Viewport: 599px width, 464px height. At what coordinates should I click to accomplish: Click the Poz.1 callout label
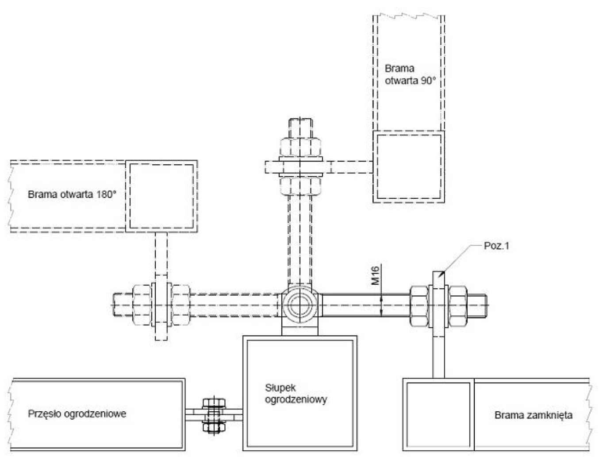point(496,246)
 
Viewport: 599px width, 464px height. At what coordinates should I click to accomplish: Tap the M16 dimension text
point(375,275)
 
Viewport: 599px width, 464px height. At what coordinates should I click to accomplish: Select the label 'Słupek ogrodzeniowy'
point(296,394)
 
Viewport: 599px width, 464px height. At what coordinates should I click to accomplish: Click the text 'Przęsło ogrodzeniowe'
point(77,414)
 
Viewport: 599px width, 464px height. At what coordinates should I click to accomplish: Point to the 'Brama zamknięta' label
point(533,415)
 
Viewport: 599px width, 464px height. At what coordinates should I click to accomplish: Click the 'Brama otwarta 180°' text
point(72,194)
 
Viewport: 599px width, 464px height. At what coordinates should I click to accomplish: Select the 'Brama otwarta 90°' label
point(410,74)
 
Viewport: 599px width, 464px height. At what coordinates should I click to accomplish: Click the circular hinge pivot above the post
point(299,305)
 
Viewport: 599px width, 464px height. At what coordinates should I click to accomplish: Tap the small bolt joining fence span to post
point(214,414)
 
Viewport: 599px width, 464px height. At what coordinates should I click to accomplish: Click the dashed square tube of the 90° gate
point(408,166)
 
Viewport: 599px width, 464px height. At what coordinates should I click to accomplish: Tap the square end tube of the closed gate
point(438,414)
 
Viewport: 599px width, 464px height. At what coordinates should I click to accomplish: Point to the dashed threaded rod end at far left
point(122,305)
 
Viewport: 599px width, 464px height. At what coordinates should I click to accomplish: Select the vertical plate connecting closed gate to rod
point(438,354)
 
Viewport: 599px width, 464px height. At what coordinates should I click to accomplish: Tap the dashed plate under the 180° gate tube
point(161,257)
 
